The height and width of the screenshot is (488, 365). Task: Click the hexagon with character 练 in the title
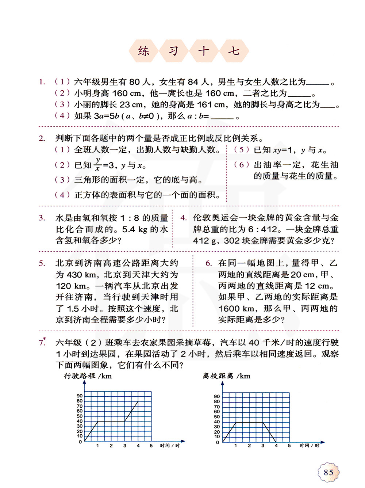[x=143, y=51]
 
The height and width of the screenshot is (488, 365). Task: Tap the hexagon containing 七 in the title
[x=234, y=51]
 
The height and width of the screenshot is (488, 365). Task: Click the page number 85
[x=328, y=472]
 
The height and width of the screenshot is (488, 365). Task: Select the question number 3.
[x=42, y=218]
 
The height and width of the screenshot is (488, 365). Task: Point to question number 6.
[x=208, y=263]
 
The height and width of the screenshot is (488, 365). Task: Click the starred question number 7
[x=42, y=342]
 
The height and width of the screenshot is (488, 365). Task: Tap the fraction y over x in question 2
[x=98, y=165]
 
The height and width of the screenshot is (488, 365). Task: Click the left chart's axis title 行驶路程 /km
[x=88, y=376]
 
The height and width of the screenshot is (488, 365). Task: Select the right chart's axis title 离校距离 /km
[x=227, y=376]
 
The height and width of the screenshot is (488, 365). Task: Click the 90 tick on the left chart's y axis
[x=80, y=396]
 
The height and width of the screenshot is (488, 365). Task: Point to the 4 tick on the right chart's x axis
[x=276, y=446]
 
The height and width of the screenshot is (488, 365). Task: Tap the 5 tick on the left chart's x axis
[x=151, y=446]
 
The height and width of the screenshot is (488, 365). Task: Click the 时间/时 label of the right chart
[x=309, y=446]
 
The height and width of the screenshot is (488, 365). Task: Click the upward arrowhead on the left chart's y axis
[x=84, y=382]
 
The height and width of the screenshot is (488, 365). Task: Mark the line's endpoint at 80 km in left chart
[x=138, y=401]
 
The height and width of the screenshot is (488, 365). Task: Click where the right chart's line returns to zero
[x=276, y=442]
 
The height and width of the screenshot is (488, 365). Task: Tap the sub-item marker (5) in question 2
[x=242, y=150]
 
